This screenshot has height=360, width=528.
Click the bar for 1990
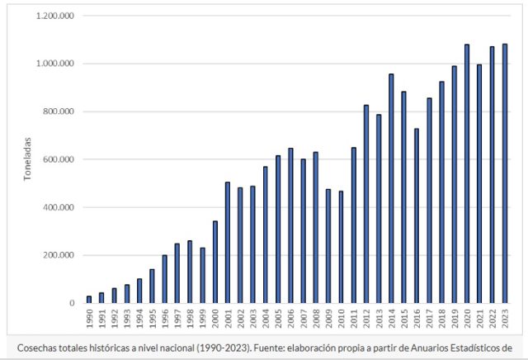point(89,299)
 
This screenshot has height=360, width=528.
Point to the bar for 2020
point(466,173)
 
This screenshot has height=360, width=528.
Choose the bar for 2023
point(504,173)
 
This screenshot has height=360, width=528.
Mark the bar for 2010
point(341,247)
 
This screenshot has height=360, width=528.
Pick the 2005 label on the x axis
point(278,317)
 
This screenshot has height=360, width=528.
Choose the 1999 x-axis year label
point(203,317)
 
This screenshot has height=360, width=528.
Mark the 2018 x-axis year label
point(441,317)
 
